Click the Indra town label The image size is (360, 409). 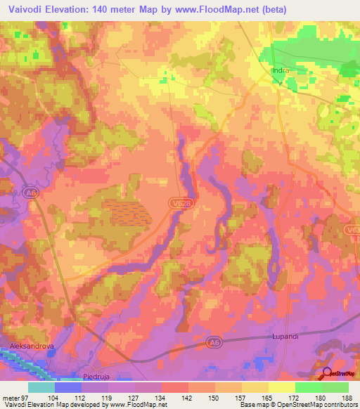281,71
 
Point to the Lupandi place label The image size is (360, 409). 285,337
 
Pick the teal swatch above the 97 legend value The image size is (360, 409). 41,387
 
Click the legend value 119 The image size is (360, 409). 105,397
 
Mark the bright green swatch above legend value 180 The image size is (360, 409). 308,387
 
